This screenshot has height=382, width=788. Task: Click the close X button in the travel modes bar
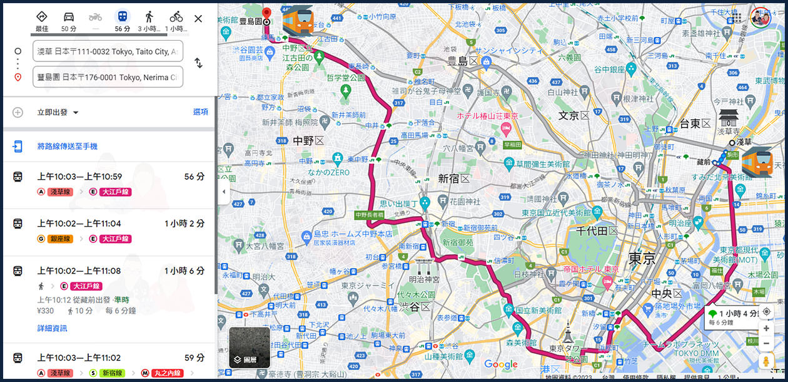pyautogui.click(x=198, y=18)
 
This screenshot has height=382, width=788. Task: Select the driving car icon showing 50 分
pyautogui.click(x=69, y=21)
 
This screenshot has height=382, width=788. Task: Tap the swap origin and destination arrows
pyautogui.click(x=198, y=63)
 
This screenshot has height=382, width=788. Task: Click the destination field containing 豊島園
pyautogui.click(x=108, y=77)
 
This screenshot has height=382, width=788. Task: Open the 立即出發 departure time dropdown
pyautogui.click(x=58, y=112)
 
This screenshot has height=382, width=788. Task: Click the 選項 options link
pyautogui.click(x=200, y=112)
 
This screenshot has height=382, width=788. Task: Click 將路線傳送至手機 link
pyautogui.click(x=67, y=147)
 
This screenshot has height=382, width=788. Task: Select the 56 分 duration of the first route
pyautogui.click(x=194, y=177)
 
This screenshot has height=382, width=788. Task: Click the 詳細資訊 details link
pyautogui.click(x=52, y=328)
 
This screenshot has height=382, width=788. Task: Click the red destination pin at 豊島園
pyautogui.click(x=266, y=14)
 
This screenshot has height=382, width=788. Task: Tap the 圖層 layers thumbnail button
pyautogui.click(x=250, y=347)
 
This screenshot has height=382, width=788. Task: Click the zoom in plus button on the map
pyautogui.click(x=766, y=328)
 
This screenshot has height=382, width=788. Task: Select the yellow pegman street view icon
pyautogui.click(x=766, y=361)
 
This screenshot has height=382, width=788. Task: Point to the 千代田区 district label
pyautogui.click(x=597, y=230)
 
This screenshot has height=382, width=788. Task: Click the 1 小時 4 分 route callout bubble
pyautogui.click(x=732, y=316)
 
